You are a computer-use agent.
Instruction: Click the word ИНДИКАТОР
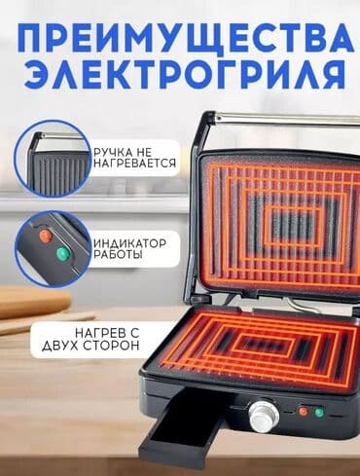click(x=130, y=241)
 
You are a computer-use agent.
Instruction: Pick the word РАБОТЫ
click(x=117, y=255)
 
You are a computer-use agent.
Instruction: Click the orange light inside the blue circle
click(x=46, y=236)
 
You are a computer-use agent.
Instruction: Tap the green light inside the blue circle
click(x=61, y=255)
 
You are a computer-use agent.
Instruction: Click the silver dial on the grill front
click(x=262, y=417)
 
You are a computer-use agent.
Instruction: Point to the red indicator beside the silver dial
click(x=302, y=412)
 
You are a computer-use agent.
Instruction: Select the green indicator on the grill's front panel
click(x=318, y=412)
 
